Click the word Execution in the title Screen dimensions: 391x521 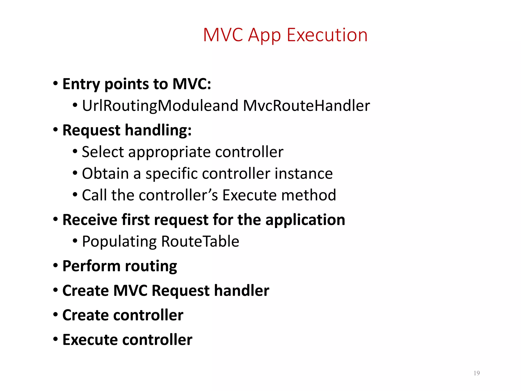tap(327, 35)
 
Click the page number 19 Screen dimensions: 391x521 tap(476, 373)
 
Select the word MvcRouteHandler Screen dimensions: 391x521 tap(306, 105)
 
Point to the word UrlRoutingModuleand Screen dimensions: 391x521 tap(160, 106)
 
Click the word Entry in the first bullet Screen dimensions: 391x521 tap(81, 84)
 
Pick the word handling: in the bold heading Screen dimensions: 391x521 tap(158, 130)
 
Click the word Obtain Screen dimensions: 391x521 tap(105, 174)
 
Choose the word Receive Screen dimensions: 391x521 tap(90, 220)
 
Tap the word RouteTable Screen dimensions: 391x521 tap(200, 241)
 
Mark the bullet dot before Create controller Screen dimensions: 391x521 tap(55, 315)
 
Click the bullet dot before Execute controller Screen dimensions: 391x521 tap(55, 339)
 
